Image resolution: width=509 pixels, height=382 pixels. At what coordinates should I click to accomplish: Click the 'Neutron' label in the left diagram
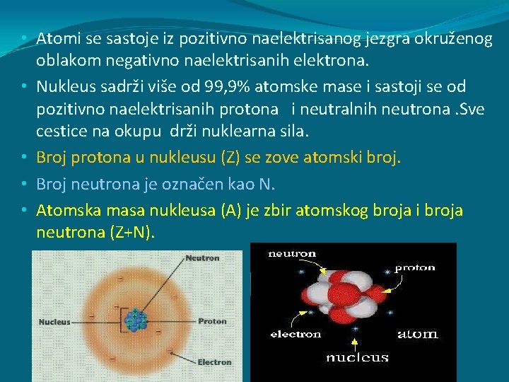(202, 258)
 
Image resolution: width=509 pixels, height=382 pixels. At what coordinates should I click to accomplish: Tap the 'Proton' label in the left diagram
(211, 321)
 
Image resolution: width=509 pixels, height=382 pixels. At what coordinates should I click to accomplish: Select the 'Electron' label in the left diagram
(214, 362)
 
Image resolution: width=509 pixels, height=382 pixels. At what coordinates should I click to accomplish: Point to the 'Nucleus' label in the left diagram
(54, 322)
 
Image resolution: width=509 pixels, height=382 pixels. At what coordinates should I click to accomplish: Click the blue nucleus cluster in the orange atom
(135, 321)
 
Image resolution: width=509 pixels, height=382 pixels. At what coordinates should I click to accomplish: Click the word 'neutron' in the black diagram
(292, 253)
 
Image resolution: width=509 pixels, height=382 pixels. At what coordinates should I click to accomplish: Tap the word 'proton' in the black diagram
(414, 268)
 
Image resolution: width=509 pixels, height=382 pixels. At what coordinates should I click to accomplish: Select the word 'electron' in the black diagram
(296, 334)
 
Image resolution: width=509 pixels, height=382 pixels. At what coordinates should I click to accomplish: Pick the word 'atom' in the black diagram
(417, 333)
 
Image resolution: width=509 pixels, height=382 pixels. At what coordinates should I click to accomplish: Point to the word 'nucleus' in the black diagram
(357, 357)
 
